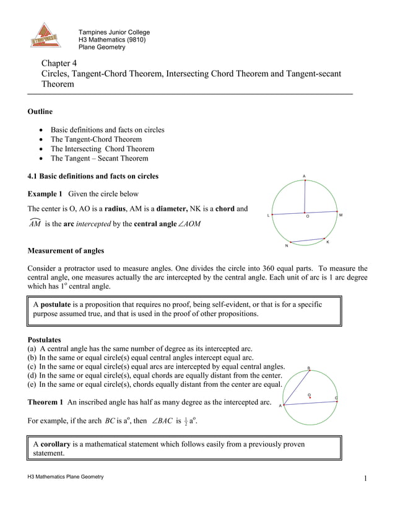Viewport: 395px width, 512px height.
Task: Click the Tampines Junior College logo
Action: pyautogui.click(x=46, y=36)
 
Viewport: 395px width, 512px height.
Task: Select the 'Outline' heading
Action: pyautogui.click(x=40, y=112)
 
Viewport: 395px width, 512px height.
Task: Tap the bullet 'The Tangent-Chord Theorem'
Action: pyautogui.click(x=95, y=139)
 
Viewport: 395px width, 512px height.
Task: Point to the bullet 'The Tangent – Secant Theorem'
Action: pyautogui.click(x=99, y=158)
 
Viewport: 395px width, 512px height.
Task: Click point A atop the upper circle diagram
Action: pyautogui.click(x=304, y=178)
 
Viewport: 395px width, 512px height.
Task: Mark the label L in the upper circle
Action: pyautogui.click(x=268, y=216)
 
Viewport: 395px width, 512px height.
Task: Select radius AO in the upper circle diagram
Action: pyautogui.click(x=304, y=198)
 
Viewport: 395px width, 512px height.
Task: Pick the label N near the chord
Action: pyautogui.click(x=286, y=246)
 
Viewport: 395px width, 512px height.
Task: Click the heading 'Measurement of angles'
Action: pyautogui.click(x=66, y=251)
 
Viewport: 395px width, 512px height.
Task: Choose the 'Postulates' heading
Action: pyautogui.click(x=45, y=340)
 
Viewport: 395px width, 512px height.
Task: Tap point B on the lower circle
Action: pyautogui.click(x=309, y=368)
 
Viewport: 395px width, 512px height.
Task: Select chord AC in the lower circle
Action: pyautogui.click(x=310, y=401)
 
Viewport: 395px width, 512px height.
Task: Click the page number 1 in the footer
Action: pyautogui.click(x=366, y=478)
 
